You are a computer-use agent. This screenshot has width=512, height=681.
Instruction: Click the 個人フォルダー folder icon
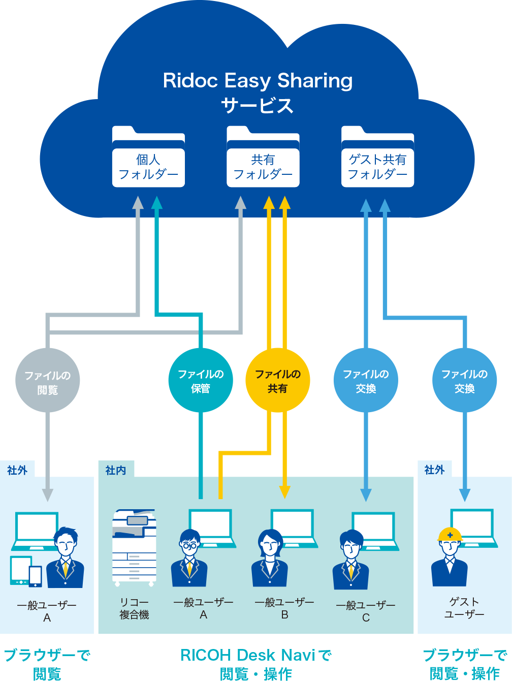[x=148, y=157]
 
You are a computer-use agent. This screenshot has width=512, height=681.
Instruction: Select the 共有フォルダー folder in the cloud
[x=263, y=157]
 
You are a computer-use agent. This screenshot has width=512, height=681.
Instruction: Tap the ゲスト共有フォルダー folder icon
[x=377, y=157]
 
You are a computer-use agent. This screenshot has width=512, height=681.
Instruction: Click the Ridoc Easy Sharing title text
[x=258, y=81]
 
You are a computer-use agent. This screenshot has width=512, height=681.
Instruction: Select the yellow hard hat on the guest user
[x=450, y=535]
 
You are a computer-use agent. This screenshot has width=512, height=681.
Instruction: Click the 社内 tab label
[x=116, y=470]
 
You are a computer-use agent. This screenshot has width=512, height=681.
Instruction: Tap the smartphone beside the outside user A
[x=36, y=576]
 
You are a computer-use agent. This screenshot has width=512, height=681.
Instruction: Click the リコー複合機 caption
[x=134, y=609]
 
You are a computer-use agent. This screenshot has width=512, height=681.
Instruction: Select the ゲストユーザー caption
[x=464, y=608]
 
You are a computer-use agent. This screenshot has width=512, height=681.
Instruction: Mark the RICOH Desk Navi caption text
[x=256, y=656]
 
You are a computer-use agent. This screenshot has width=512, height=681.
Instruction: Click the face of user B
[x=270, y=547]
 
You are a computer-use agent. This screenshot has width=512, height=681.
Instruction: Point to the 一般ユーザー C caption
[x=366, y=611]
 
